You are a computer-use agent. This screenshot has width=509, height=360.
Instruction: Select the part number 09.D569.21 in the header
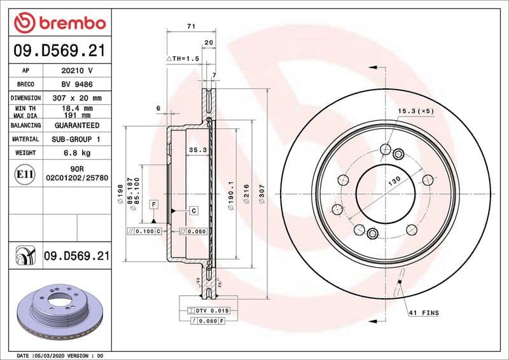pos(59,51)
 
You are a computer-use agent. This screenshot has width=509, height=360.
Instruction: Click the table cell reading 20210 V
pos(76,71)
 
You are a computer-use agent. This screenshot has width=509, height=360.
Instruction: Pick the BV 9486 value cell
pos(76,85)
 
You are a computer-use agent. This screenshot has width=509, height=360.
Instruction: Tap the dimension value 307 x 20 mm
pos(76,99)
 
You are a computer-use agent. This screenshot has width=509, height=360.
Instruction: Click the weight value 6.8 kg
pos(76,153)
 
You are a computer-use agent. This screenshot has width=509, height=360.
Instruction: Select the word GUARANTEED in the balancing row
pos(76,126)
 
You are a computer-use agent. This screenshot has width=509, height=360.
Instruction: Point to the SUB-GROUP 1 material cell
pos(76,139)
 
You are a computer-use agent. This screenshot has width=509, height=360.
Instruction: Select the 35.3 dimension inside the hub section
pos(197,150)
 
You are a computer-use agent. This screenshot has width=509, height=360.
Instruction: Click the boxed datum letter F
pos(153,204)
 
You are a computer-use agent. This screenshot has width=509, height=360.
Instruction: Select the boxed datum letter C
pos(193,210)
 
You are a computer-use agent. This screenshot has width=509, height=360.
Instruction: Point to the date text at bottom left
pos(59,355)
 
